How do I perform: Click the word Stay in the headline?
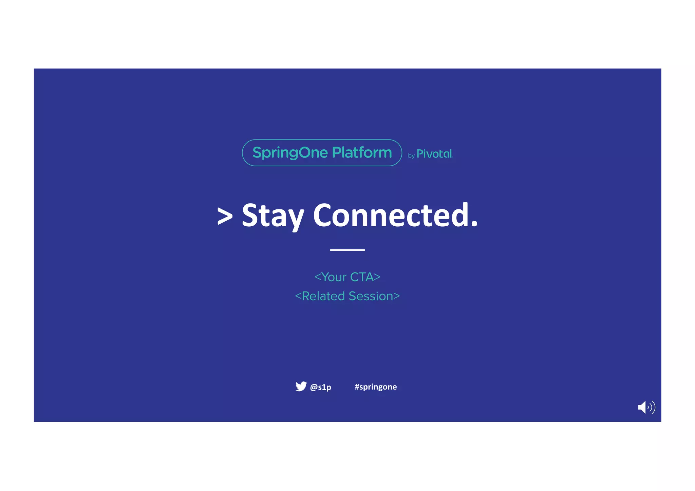pos(273,216)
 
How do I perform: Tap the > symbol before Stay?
pos(225,216)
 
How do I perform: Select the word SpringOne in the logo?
pos(290,153)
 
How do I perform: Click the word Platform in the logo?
pos(362,153)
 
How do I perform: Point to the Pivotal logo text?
pos(434,154)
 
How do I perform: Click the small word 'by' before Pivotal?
pos(411,156)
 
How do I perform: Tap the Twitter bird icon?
pos(301,386)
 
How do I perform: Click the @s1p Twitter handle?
pos(320,387)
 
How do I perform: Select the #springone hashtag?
pos(376,387)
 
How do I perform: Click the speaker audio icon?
pos(646,407)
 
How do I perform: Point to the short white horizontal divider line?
pos(347,250)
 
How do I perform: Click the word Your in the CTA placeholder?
pos(334,277)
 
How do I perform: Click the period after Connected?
pos(474,224)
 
